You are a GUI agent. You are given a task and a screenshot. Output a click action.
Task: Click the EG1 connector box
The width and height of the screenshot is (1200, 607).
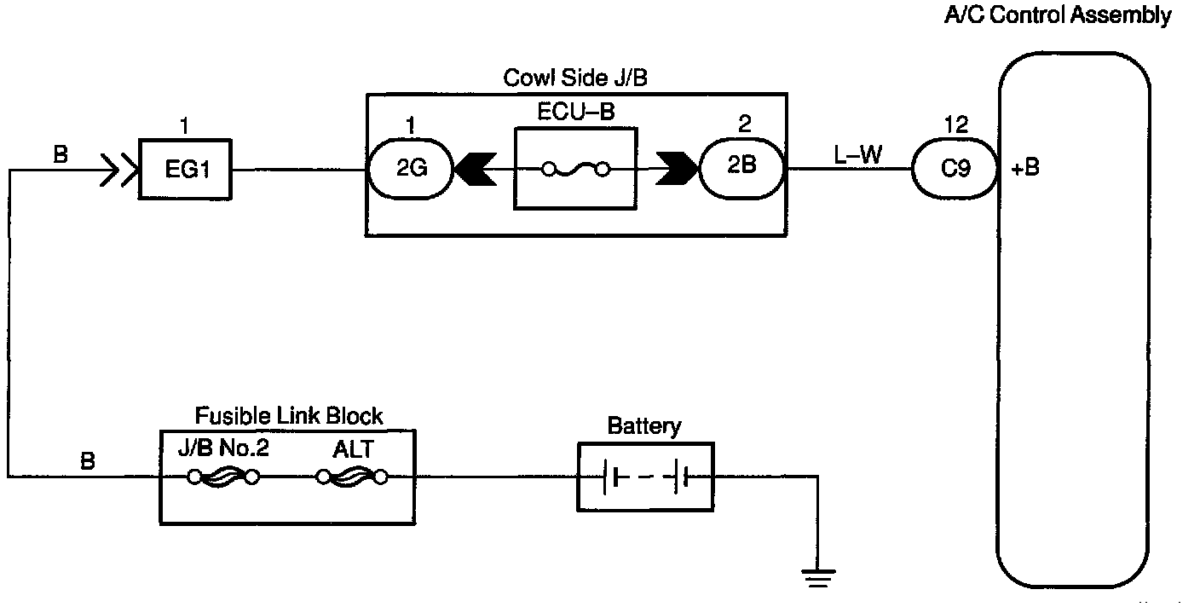tap(186, 169)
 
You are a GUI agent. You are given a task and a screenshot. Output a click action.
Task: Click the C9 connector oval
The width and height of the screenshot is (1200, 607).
tap(955, 169)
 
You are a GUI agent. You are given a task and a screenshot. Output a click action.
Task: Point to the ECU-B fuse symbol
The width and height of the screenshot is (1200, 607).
tap(576, 170)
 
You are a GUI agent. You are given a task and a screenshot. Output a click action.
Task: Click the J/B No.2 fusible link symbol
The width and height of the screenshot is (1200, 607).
tap(223, 477)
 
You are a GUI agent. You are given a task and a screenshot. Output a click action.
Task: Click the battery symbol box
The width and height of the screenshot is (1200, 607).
tap(644, 477)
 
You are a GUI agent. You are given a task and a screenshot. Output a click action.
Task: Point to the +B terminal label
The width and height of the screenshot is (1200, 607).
tap(1025, 168)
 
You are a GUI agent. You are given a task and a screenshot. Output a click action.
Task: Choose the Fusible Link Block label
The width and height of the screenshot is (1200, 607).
tap(289, 417)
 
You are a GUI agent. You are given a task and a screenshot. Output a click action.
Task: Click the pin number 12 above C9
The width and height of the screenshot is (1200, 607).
tap(956, 125)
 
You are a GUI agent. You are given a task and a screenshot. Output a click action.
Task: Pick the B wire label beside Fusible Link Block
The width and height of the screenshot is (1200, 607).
tap(88, 461)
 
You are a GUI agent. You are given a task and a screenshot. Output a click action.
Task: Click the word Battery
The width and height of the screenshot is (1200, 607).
tap(644, 425)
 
